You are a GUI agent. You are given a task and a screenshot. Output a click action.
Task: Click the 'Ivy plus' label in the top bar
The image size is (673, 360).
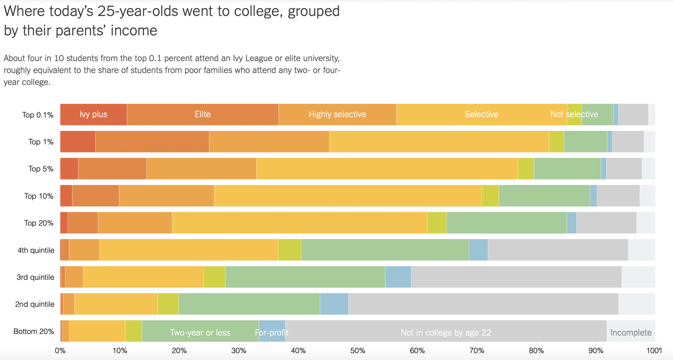[x=93, y=114]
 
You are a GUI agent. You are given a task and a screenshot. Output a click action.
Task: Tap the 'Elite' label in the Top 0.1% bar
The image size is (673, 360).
[x=202, y=114]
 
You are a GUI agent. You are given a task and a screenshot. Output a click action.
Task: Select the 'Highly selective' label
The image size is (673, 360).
[x=337, y=114]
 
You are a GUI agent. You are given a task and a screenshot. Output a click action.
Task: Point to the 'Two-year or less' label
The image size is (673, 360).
[x=200, y=332]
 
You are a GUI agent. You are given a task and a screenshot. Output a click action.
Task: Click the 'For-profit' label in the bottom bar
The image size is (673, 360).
[x=271, y=332]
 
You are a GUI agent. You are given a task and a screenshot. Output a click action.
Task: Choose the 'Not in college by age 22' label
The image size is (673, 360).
[x=446, y=332]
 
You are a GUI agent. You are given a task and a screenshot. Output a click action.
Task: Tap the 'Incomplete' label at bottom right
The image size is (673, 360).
[x=631, y=332]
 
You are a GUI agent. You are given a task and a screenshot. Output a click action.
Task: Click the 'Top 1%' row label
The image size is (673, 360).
[x=41, y=142]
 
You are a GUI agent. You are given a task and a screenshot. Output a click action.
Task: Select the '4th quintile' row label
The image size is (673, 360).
[x=36, y=250]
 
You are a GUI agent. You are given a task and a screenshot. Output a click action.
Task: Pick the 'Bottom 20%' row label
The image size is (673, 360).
[x=34, y=331]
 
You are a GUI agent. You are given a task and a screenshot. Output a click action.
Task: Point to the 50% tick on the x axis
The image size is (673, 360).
[x=358, y=350]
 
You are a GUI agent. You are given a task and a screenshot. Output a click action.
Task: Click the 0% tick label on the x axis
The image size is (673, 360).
[x=60, y=350]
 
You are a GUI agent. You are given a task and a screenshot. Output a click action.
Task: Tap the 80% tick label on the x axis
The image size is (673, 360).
[x=536, y=350]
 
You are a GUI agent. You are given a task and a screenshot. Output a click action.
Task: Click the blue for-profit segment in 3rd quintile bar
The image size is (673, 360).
[x=398, y=277]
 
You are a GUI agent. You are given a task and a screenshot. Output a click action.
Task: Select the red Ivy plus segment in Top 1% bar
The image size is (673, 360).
[x=78, y=142]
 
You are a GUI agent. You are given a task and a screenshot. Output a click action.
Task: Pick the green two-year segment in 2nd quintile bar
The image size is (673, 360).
[x=249, y=304]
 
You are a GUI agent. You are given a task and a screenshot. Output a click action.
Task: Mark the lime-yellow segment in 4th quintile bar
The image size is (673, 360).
[x=289, y=250]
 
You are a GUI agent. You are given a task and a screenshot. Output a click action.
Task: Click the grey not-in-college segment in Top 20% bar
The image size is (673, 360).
[x=606, y=223]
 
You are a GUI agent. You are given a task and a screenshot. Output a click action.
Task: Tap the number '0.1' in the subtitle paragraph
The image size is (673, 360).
[x=154, y=58]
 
